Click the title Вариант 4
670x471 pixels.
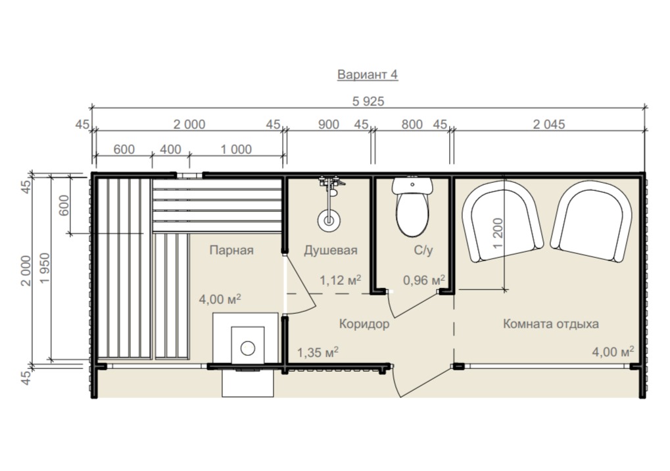coord(368,74)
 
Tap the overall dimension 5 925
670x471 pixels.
coord(368,101)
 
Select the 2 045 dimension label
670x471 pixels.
coord(548,124)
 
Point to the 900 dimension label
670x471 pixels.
coord(329,124)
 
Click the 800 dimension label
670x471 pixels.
coord(412,124)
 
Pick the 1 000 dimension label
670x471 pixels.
coord(236,149)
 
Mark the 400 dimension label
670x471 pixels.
coord(170,149)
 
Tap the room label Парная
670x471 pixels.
coord(231,250)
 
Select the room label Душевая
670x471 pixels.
coord(330,250)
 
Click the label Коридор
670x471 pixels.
coord(364,324)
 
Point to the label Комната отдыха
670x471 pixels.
coord(550,324)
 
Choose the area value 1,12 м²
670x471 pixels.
coord(340,280)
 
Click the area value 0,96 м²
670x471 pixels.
coord(424,280)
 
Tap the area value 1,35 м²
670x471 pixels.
coord(318,352)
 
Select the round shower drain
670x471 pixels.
coord(329,220)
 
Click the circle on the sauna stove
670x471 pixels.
coord(248,348)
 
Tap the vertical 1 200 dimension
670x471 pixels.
coord(498,233)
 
